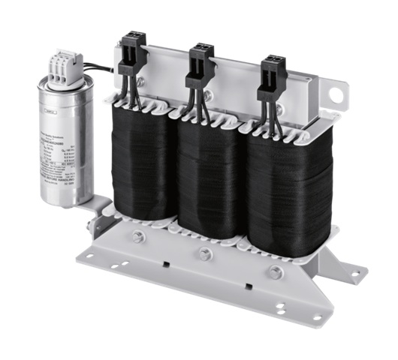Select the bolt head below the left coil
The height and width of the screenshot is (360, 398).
point(138,237)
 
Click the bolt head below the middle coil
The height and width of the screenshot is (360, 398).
point(204,254)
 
